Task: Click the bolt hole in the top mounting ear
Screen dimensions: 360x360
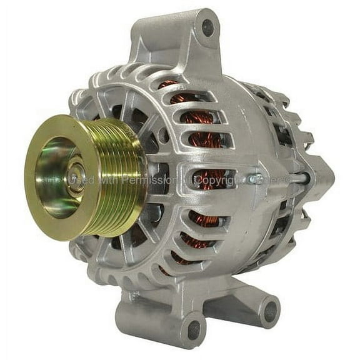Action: tap(207, 27)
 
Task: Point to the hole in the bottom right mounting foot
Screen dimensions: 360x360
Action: tap(269, 311)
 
